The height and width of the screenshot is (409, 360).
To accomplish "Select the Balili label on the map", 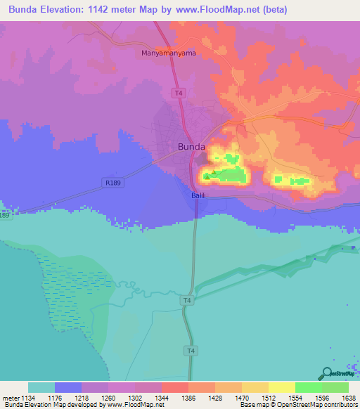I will tap(199, 195).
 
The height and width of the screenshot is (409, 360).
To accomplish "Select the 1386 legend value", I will tap(188, 397).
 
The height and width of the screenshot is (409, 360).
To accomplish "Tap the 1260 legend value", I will tap(108, 397).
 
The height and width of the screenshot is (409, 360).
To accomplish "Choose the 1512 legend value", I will tap(268, 397).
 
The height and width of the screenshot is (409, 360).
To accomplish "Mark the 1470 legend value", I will tap(241, 397).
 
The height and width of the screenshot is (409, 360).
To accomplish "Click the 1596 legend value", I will tap(321, 397).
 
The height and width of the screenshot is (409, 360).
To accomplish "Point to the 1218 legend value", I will tap(81, 397).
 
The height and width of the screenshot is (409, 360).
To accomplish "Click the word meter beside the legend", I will tap(10, 397).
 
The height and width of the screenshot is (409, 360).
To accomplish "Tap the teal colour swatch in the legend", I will tap(41, 387).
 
